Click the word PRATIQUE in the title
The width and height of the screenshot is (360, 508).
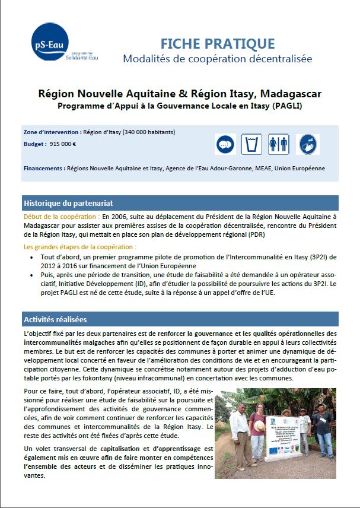tap(240, 43)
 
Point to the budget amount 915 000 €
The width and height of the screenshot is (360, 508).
tap(63, 144)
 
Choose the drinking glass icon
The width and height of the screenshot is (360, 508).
tap(251, 144)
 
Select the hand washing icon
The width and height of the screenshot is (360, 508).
tap(308, 144)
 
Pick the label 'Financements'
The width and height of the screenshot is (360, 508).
tap(44, 169)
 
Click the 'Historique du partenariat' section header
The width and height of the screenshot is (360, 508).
tap(68, 203)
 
